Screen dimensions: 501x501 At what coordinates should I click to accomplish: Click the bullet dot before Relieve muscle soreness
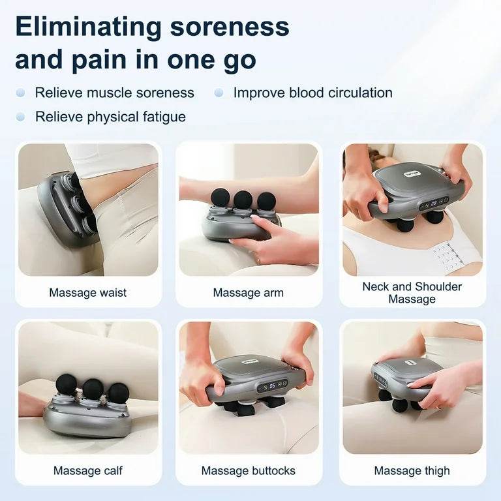pos(21,93)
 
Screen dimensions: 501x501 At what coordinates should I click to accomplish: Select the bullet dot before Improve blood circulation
pos(219,93)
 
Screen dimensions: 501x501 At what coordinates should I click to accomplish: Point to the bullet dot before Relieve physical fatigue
pos(21,117)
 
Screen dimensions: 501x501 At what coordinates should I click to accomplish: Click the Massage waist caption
pos(88,292)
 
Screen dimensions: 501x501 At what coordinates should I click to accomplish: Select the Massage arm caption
pos(248,292)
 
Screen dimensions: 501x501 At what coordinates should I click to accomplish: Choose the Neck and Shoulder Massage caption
pos(412,292)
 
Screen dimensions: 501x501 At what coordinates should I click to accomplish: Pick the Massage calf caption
pos(88,470)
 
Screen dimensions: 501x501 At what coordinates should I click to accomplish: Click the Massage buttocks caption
pos(248,470)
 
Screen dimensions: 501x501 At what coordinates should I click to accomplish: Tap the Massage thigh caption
pos(412,470)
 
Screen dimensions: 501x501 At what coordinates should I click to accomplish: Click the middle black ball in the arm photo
pos(243,198)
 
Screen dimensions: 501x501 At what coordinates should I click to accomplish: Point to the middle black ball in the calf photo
pos(93,388)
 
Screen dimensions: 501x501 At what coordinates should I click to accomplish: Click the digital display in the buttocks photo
pos(271,386)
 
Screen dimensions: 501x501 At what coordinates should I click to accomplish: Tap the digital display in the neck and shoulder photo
pos(433,203)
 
